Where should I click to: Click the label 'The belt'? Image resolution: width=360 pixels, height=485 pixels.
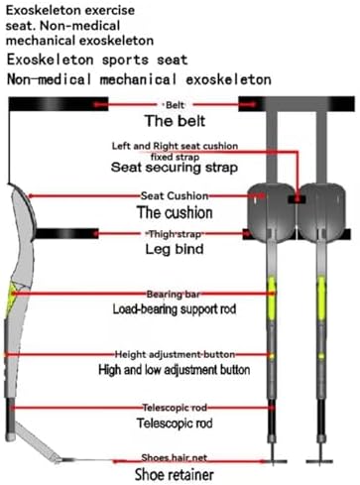[175, 121]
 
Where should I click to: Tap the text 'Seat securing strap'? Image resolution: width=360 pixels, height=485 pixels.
[175, 168]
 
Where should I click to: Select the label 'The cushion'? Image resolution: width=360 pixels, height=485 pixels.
[175, 212]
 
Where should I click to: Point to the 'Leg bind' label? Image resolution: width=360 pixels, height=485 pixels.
[175, 249]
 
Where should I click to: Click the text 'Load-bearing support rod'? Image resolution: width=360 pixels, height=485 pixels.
[175, 309]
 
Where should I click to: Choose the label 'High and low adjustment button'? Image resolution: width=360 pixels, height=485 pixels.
[175, 369]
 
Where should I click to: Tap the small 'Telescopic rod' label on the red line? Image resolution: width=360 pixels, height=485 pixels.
[175, 408]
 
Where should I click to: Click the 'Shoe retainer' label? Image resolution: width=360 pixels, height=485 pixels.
[175, 475]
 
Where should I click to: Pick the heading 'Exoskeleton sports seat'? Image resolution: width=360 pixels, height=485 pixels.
[97, 60]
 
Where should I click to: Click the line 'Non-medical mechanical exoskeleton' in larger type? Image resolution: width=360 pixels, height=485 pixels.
[139, 79]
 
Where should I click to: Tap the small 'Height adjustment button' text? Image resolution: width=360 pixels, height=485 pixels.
[175, 355]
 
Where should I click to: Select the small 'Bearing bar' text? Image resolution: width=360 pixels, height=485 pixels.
[174, 294]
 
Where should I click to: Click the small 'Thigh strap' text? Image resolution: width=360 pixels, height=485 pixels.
[175, 234]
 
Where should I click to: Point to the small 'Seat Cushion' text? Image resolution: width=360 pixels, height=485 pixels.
[175, 195]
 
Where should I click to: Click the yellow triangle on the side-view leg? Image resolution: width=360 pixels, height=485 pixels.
[13, 296]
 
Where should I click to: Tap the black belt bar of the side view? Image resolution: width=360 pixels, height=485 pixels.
[59, 104]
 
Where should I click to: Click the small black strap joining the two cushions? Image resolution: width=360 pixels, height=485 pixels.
[297, 199]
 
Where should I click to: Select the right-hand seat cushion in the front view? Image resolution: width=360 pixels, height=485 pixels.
[321, 212]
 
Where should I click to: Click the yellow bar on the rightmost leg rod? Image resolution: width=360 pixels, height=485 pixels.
[321, 299]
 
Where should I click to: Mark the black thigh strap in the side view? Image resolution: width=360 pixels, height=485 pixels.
[66, 234]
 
